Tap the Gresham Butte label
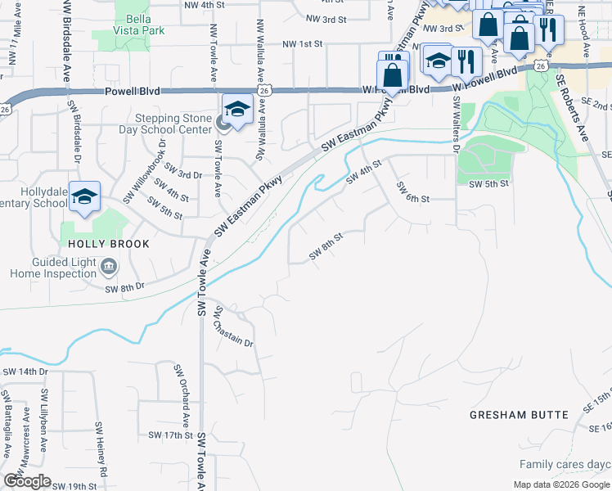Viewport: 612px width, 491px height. [x=519, y=415]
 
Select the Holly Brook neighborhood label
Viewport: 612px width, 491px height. [x=109, y=244]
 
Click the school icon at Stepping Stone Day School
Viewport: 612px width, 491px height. [x=236, y=110]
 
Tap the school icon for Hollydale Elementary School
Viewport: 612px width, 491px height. [x=84, y=197]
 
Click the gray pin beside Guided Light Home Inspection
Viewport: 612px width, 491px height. [x=109, y=267]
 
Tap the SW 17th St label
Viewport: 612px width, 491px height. [x=169, y=435]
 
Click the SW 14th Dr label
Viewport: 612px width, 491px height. [x=25, y=372]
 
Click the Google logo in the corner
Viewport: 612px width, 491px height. [x=28, y=481]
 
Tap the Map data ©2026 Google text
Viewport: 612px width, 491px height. [x=560, y=484]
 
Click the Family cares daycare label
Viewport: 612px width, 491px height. [x=565, y=465]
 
